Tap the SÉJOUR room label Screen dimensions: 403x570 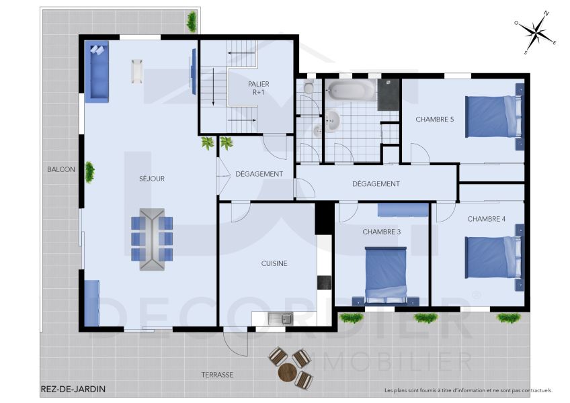coord(151,179)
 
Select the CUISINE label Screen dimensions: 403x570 coord(274,263)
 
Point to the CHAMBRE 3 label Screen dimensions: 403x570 coord(381,232)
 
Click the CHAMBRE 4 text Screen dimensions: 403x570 coord(486,219)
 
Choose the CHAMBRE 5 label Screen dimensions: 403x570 coord(434,120)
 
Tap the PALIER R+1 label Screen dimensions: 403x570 coord(258,89)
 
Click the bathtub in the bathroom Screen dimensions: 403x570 coord(350,90)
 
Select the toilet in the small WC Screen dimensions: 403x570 coord(309,88)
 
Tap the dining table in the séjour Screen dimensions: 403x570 coord(152,239)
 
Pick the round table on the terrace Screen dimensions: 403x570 coord(287,372)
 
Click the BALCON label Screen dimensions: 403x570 coord(61,169)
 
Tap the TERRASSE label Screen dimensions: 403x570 coord(217,375)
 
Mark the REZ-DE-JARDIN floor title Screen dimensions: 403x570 coord(73,389)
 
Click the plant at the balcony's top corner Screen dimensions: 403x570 coord(193,21)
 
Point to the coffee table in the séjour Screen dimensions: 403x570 coord(137,71)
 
